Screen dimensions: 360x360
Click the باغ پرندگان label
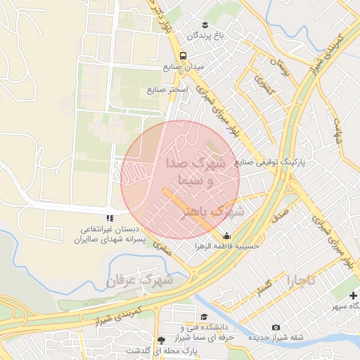point(204,34)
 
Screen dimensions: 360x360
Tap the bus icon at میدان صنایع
point(183,56)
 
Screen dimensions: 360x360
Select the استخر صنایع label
point(166,91)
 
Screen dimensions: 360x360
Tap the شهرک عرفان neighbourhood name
point(141,281)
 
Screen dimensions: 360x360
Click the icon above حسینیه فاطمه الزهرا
point(226,236)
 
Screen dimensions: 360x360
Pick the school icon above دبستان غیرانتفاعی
point(110,219)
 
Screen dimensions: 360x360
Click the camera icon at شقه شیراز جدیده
point(276,327)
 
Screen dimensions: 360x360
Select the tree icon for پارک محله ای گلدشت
point(163,339)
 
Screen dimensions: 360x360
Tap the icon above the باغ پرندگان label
point(205,22)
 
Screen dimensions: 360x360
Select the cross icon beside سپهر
point(353,295)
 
